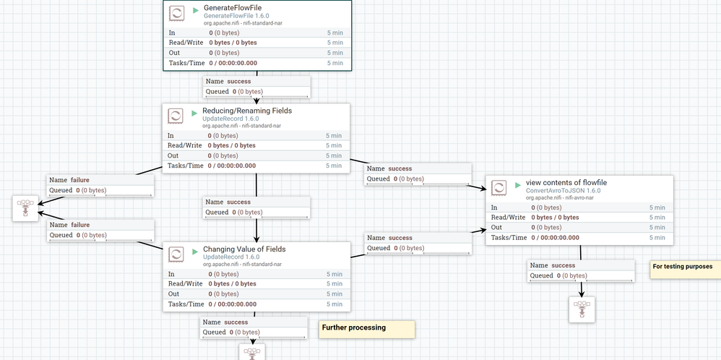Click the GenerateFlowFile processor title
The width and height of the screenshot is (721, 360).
(233, 7)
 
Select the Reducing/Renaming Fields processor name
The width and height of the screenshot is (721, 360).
(247, 111)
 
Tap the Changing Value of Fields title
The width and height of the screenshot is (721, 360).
(244, 249)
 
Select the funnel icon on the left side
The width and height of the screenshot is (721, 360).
(25, 207)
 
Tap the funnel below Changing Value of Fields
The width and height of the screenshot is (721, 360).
(252, 352)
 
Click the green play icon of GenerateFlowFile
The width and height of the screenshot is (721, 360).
(196, 11)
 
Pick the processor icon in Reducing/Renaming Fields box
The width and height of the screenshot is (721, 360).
(175, 116)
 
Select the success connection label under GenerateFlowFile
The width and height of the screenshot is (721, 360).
(256, 87)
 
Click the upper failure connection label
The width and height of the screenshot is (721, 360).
(100, 184)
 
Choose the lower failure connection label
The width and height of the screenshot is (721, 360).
(100, 230)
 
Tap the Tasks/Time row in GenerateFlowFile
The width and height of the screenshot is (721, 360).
(256, 63)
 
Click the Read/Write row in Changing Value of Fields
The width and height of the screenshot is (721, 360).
(256, 284)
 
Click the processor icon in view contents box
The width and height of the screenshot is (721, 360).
(498, 188)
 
